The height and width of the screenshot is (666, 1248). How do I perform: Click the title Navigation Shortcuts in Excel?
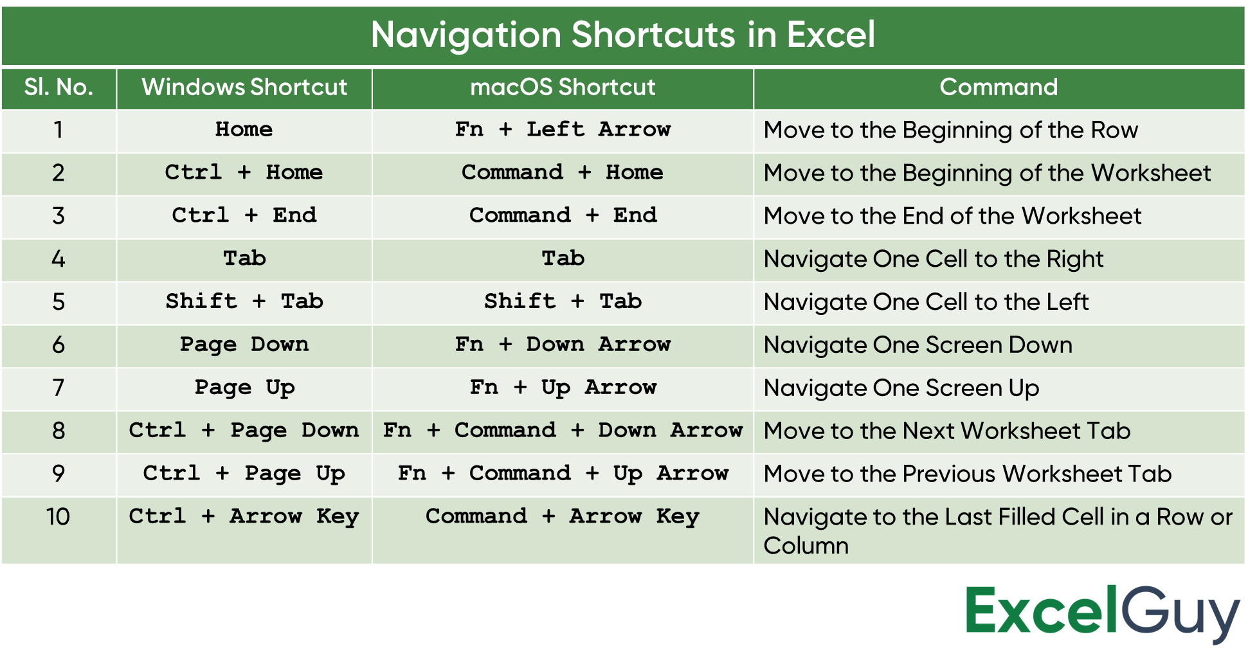tap(622, 34)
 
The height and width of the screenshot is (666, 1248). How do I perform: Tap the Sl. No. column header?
tap(59, 87)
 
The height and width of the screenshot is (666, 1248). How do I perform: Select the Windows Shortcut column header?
tap(244, 87)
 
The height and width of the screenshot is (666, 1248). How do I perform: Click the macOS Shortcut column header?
tap(563, 87)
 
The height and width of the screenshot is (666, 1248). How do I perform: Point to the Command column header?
tap(999, 87)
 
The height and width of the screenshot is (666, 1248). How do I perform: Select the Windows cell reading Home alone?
tap(244, 129)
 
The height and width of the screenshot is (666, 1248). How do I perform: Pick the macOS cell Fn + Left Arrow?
tap(563, 129)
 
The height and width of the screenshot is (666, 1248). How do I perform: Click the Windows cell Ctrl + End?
tap(244, 215)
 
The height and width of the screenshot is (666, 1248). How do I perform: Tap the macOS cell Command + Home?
tap(563, 172)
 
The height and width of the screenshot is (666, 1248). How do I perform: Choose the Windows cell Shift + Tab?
tap(244, 301)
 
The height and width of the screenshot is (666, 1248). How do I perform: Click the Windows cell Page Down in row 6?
tap(244, 345)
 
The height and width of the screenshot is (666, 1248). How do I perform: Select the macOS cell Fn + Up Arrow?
tap(563, 388)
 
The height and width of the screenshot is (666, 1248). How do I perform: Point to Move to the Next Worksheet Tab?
tap(947, 431)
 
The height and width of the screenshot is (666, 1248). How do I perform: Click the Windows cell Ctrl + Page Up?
tap(244, 474)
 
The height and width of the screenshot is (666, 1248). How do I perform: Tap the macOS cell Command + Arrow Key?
tap(563, 517)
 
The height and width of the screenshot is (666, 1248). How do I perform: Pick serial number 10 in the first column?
tap(59, 517)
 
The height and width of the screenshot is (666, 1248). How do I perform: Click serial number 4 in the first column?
tap(59, 259)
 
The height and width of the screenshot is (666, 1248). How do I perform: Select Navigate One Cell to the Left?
tap(927, 301)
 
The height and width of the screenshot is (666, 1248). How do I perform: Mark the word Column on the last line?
tap(806, 546)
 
